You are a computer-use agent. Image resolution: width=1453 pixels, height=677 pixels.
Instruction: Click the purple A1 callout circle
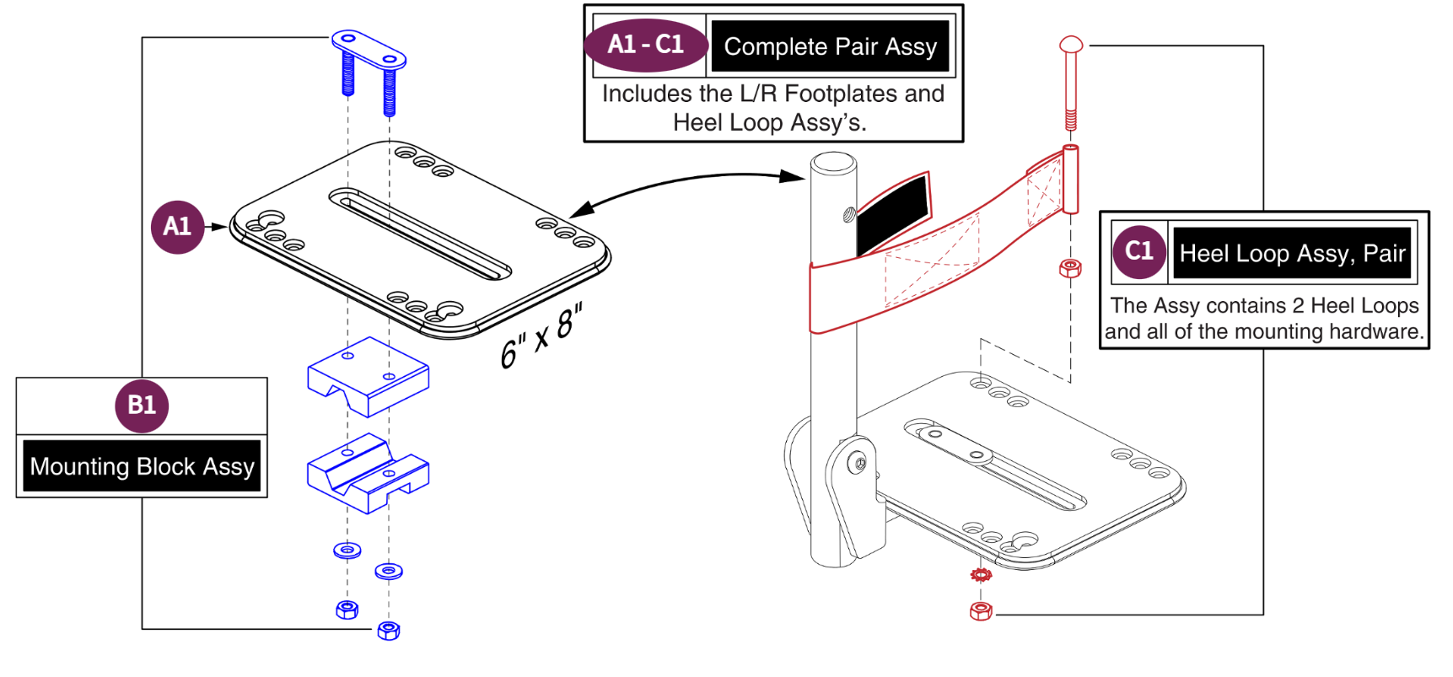click(177, 227)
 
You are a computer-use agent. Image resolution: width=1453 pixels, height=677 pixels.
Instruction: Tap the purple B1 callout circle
click(142, 406)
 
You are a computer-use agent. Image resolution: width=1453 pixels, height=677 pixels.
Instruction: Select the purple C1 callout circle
click(1138, 251)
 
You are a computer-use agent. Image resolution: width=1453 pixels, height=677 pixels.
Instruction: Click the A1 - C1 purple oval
click(646, 45)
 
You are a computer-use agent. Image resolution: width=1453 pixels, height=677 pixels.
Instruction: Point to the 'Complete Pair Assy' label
click(830, 47)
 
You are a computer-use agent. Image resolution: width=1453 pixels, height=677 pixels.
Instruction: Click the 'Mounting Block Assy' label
click(142, 466)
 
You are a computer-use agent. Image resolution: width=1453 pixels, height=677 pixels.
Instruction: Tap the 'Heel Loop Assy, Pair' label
click(1291, 253)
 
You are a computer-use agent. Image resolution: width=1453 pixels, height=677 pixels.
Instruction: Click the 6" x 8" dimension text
click(541, 336)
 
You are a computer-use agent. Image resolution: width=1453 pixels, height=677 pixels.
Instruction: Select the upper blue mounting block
click(369, 376)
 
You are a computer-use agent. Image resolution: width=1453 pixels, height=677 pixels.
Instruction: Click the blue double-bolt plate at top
click(369, 52)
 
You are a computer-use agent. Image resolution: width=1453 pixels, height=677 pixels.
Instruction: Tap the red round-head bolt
click(1070, 80)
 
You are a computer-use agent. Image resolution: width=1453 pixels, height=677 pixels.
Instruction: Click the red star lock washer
click(981, 575)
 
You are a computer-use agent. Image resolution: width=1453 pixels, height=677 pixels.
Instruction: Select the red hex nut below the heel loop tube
click(1070, 268)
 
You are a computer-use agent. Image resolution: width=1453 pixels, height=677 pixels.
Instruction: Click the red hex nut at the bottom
click(981, 611)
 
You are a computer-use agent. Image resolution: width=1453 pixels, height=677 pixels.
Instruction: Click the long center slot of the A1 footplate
click(420, 234)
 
